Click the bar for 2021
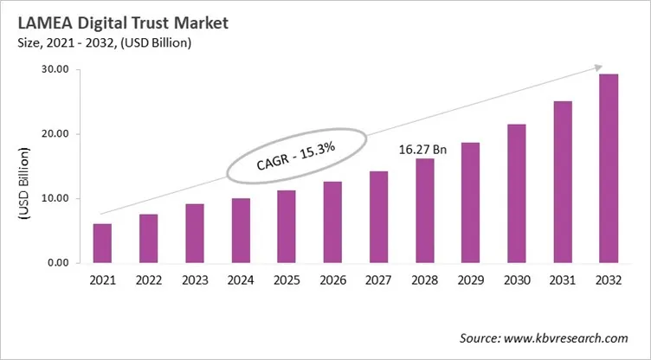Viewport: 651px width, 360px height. coord(102,243)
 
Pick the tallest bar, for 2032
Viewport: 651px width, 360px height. coord(609,169)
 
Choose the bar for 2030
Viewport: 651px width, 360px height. coord(516,194)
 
